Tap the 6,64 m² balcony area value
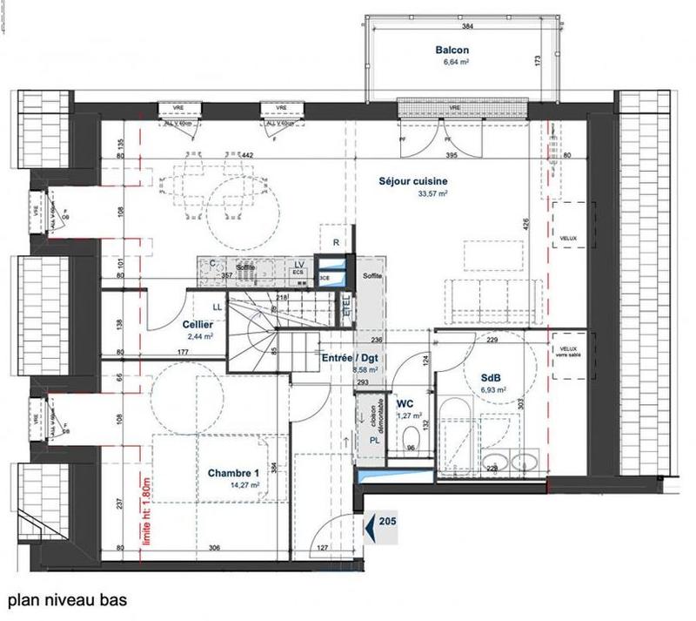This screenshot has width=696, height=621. [456, 63]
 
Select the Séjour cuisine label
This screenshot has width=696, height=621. [413, 182]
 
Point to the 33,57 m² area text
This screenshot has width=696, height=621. [432, 195]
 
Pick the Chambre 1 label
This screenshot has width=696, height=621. [234, 473]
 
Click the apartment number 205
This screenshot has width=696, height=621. [388, 523]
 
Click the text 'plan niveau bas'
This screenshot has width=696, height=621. [67, 600]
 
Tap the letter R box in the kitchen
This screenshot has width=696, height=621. [333, 243]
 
